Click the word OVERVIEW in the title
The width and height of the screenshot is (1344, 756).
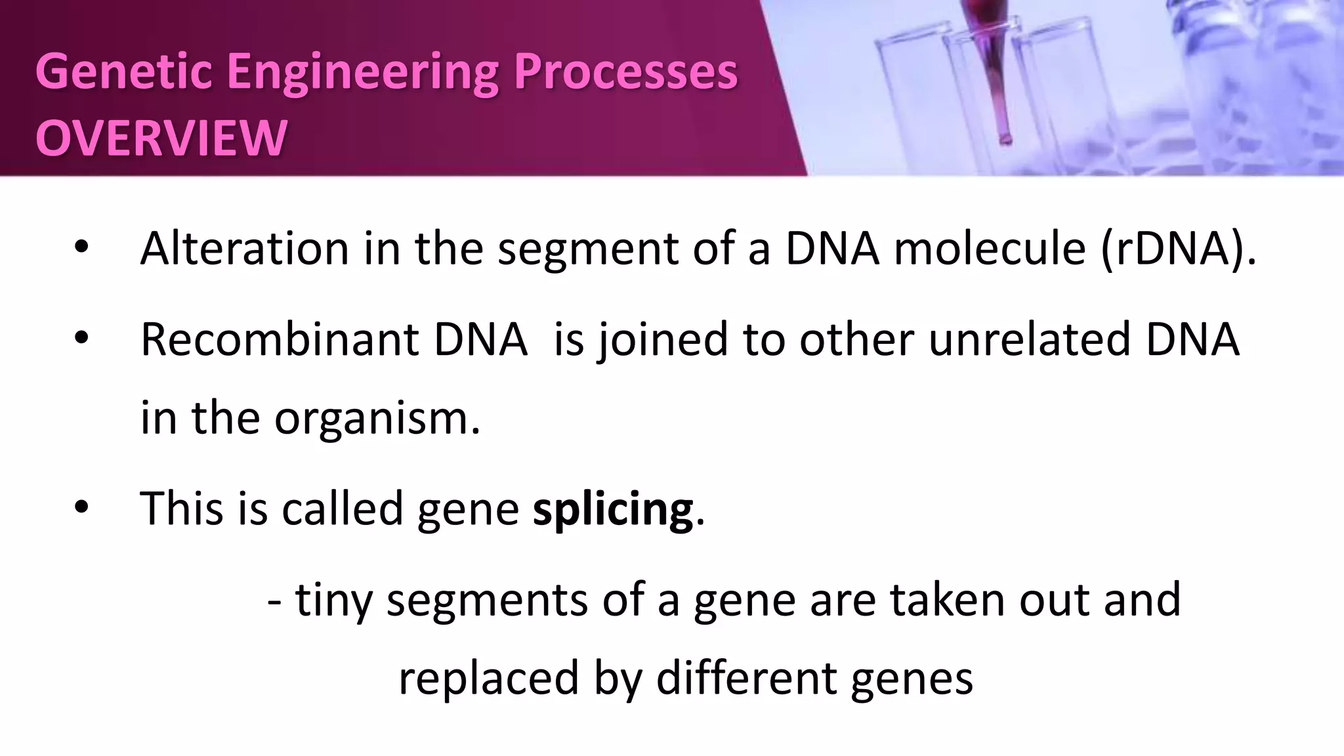(161, 138)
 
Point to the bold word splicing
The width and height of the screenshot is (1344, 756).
(612, 509)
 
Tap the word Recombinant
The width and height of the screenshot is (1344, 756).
(279, 340)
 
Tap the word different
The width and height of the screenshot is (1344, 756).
(746, 677)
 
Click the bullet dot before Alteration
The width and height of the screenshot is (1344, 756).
(81, 248)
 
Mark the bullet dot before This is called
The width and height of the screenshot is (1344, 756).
(81, 508)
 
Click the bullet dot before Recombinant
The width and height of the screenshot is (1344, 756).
(81, 339)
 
